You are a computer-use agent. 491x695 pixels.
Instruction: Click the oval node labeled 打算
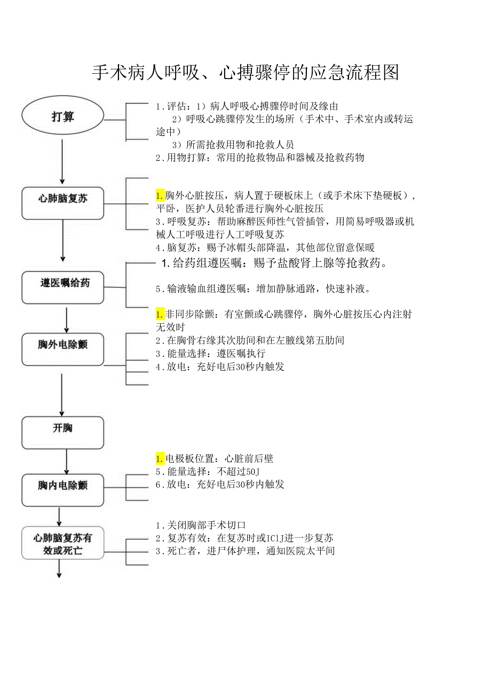coord(62,116)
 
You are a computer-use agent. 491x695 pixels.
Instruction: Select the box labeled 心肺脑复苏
coord(62,199)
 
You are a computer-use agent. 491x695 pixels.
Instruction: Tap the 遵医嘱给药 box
coord(62,283)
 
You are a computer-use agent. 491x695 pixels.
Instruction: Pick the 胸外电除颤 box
coord(62,345)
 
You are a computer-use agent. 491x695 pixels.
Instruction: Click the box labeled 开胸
coord(62,428)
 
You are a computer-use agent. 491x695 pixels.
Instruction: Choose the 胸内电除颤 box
coord(62,486)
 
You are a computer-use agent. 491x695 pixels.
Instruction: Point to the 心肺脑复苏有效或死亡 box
coord(62,544)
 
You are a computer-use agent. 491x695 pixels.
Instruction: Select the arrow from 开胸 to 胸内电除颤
coord(66,461)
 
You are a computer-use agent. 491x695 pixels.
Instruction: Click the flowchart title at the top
coord(245,72)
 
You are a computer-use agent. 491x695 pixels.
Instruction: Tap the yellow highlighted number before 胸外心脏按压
coord(160,195)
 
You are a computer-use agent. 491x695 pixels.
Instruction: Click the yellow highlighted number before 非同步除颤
coord(160,314)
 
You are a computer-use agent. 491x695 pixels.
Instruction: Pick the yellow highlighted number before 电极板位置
coord(160,458)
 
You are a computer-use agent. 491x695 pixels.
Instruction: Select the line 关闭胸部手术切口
coord(201,526)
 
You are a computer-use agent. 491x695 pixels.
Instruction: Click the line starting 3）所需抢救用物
coord(233,145)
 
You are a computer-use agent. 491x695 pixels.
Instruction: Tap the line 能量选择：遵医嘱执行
coord(210,354)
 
